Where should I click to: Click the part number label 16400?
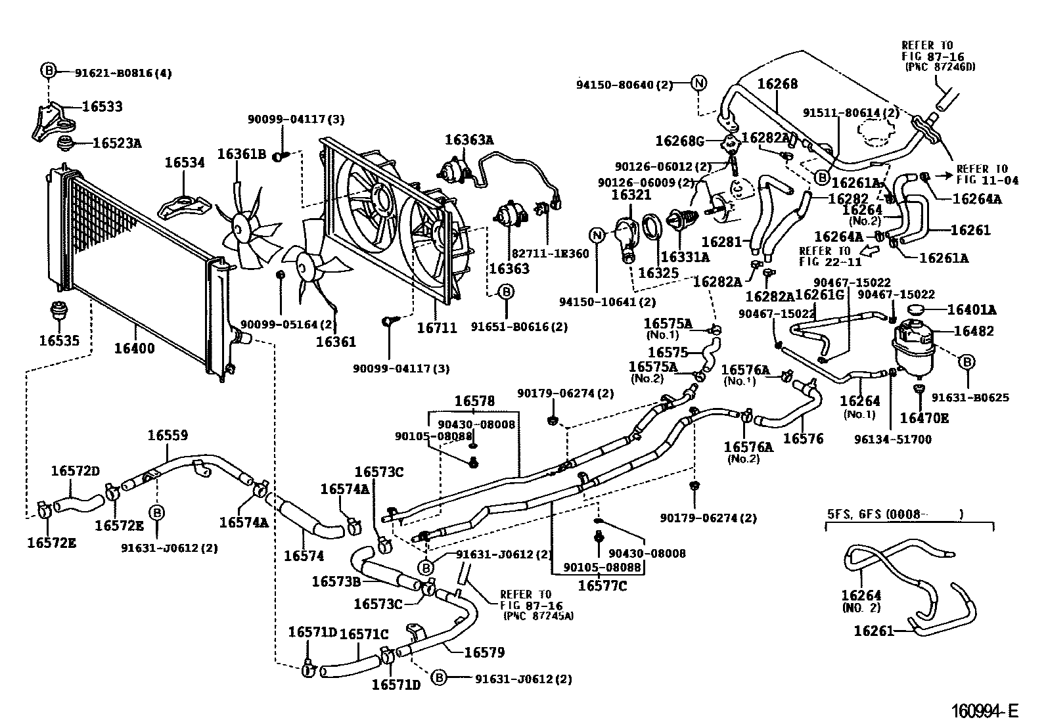(x=134, y=348)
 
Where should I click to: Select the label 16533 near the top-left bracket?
(x=102, y=106)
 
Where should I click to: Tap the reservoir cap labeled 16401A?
(x=915, y=309)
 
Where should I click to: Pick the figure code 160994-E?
(x=985, y=710)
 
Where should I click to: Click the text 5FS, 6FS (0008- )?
(x=894, y=514)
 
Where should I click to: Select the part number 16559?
(x=167, y=435)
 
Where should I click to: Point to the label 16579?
(x=484, y=652)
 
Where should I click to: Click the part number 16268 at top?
(x=777, y=84)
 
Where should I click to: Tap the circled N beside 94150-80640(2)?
(x=698, y=83)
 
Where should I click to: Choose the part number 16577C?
(x=603, y=585)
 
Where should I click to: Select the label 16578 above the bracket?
(x=474, y=401)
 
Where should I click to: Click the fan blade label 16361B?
(x=241, y=154)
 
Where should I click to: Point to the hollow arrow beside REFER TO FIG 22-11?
(x=869, y=250)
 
